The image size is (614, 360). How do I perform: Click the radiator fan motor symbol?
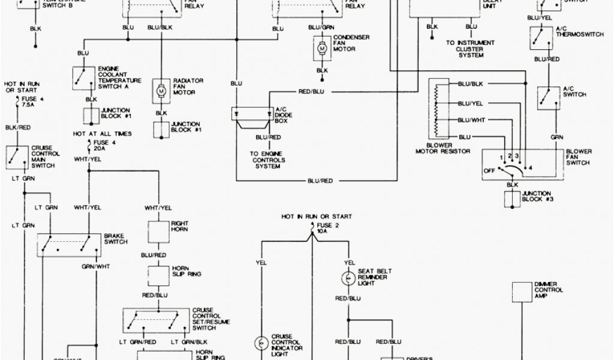161,89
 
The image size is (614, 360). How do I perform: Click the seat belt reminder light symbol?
347,278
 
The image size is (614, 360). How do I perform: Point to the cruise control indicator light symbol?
261,343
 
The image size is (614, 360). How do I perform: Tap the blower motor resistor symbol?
436,111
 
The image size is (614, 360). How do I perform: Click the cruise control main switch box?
19,157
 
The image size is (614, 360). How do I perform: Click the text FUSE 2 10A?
327,227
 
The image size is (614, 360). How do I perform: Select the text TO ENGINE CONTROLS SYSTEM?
267,160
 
